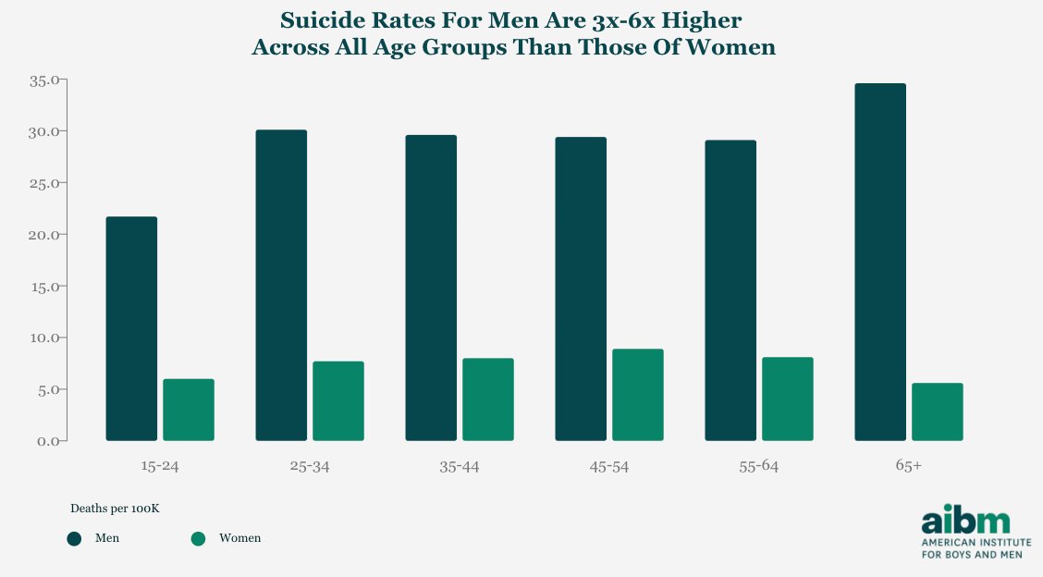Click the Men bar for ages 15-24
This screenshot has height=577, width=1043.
131,328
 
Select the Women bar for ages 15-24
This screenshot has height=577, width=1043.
189,410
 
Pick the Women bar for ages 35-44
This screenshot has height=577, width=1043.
488,399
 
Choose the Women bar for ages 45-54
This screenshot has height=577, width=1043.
638,395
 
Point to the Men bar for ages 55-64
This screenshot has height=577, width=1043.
730,290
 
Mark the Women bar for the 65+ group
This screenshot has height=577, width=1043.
938,411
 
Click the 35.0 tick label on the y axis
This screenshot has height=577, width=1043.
43,80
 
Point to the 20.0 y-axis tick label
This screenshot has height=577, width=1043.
43,235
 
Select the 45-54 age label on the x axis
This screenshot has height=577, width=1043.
608,467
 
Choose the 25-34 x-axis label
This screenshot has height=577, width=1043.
309,467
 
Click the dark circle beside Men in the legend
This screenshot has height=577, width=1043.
74,538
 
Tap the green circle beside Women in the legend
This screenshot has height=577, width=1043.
197,538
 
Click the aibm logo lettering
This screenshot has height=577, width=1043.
965,518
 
